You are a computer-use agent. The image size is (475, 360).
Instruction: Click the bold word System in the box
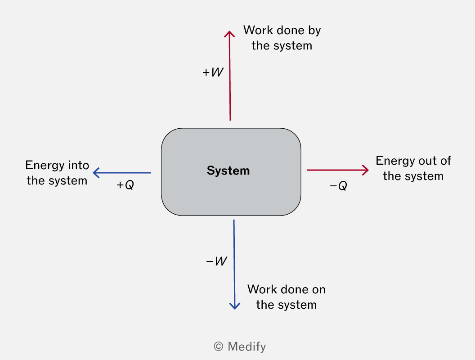(228, 171)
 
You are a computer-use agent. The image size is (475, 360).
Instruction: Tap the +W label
(213, 72)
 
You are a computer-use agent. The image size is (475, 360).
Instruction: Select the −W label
(216, 261)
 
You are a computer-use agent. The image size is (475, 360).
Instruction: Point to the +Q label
(125, 184)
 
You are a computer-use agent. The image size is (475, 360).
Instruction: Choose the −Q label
(338, 185)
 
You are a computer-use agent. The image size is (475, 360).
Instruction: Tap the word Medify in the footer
(246, 346)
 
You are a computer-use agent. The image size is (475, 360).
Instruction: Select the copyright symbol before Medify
(219, 346)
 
